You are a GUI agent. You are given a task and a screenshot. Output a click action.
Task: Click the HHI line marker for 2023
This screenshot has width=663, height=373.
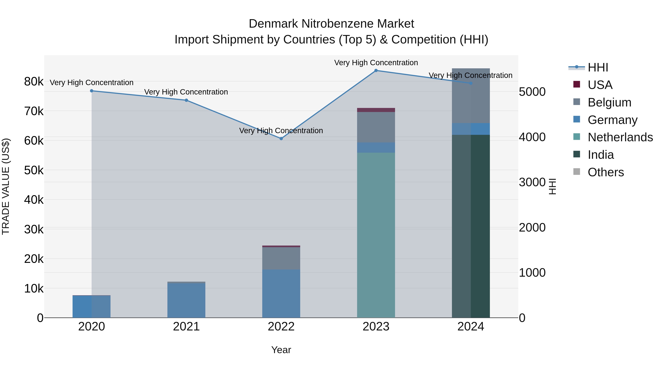coord(376,71)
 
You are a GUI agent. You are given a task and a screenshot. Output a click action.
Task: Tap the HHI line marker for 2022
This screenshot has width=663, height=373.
coord(281,139)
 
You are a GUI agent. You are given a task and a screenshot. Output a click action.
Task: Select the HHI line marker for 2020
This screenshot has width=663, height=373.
coord(92,91)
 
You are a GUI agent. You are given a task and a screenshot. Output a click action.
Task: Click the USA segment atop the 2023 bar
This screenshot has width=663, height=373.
coord(376,110)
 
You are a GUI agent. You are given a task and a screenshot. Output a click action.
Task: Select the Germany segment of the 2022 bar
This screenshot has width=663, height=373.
coord(281,293)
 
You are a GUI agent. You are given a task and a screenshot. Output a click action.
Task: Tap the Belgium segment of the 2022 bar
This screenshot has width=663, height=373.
coord(281,258)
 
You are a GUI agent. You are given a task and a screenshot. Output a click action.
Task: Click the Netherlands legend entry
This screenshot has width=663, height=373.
coord(620,137)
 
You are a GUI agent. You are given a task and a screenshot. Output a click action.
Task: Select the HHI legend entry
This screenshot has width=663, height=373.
coord(598,67)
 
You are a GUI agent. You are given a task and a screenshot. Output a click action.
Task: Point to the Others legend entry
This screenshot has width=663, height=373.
coord(605,172)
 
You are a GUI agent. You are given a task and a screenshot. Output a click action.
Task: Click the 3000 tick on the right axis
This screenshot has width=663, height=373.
coord(532,182)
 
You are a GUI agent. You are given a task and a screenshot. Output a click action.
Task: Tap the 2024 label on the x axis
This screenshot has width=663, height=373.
coord(471,327)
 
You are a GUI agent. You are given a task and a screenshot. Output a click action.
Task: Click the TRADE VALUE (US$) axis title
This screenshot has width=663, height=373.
coord(6,186)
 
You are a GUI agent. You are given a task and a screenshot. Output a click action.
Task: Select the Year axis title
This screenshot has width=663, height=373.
coord(281,350)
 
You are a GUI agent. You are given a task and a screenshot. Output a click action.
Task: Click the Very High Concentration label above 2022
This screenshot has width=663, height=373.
coord(281,131)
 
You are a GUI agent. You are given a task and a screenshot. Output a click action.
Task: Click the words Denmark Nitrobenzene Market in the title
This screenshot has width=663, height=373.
coord(331,24)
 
